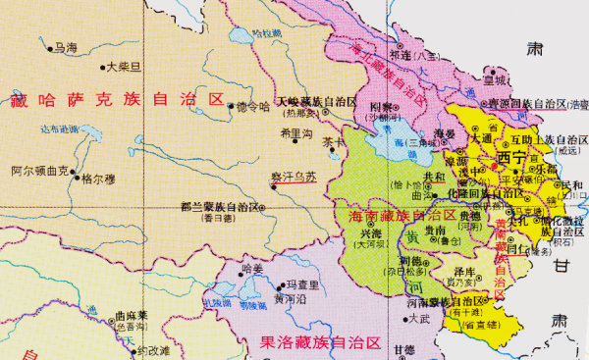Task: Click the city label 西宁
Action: pos(512,157)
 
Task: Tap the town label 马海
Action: pos(66,46)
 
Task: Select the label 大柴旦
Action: pos(125,67)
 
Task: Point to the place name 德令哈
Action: pos(252,106)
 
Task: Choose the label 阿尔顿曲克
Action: pos(39,170)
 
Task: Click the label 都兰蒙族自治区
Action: pos(221,207)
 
